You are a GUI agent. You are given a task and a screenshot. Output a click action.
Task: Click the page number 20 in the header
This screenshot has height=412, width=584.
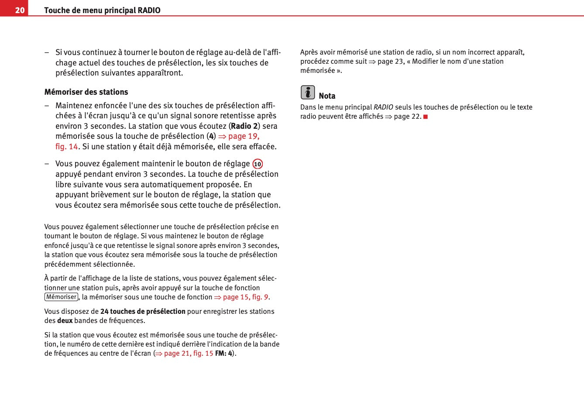point(20,10)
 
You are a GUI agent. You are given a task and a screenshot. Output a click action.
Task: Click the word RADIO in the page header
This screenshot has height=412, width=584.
point(149,10)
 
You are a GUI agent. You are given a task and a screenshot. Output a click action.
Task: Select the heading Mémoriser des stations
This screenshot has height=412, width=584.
point(86,92)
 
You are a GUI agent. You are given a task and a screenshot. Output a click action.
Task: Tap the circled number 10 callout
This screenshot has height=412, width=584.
point(258,164)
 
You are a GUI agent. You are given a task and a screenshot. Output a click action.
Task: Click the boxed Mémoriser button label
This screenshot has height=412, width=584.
point(61,297)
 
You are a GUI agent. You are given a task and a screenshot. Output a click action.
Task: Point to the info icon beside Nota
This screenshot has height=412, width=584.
point(308,93)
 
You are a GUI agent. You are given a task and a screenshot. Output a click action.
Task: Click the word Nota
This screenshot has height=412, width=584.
point(327,96)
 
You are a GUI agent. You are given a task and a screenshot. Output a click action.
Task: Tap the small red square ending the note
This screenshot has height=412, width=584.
point(426,117)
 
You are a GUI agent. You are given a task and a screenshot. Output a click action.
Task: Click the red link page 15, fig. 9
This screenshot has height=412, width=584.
point(245,297)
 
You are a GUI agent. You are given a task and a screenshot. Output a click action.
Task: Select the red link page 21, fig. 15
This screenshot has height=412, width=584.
point(188,354)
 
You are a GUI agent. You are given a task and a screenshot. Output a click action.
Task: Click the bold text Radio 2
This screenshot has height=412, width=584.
point(244,126)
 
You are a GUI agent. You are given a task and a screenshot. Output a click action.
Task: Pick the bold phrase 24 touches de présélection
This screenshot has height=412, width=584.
point(143,312)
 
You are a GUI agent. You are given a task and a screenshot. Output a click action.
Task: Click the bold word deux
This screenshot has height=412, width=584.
point(65,321)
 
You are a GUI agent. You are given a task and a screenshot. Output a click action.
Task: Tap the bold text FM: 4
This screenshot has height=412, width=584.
point(223,354)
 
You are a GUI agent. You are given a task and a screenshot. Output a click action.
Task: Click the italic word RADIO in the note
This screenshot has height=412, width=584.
point(383,107)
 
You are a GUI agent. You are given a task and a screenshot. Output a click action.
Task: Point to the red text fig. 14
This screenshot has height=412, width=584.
point(66,147)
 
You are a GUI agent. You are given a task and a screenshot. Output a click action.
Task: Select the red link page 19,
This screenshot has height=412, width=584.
point(244,136)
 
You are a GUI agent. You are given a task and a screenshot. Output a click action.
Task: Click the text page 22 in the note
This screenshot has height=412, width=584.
point(407,117)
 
